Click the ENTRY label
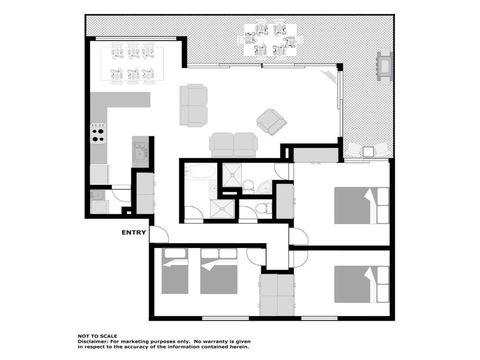point(133,233)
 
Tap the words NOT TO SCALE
point(98,333)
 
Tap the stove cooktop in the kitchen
point(99,132)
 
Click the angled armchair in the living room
point(271,121)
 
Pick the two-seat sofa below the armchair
point(232,144)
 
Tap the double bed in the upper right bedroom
point(356,206)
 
